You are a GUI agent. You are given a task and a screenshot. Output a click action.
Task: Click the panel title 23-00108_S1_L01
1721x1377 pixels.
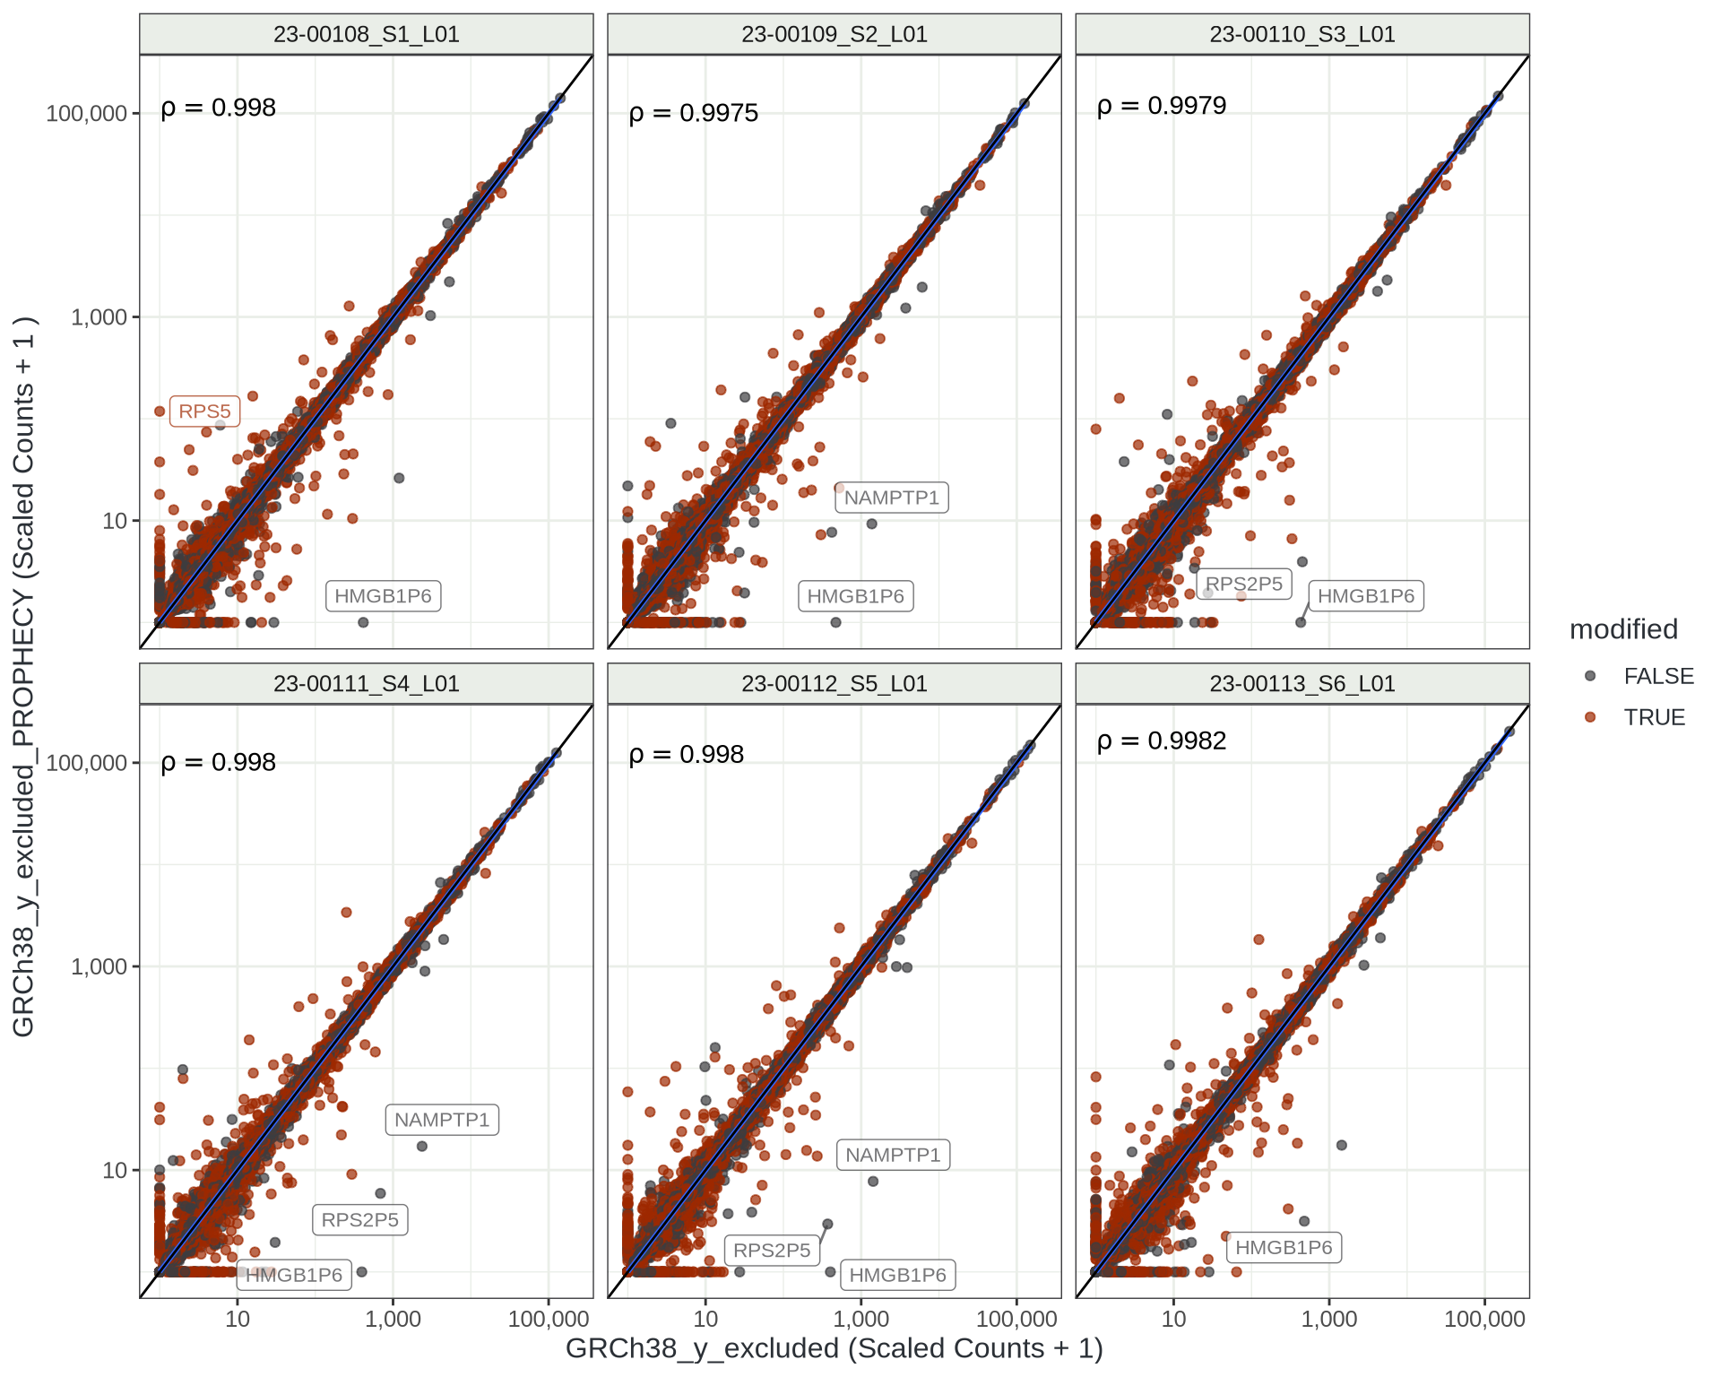tap(366, 34)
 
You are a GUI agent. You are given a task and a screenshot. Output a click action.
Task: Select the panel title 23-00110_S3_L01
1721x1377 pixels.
tap(1302, 34)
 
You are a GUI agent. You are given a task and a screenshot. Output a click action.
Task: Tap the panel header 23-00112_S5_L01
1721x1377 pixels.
tap(834, 684)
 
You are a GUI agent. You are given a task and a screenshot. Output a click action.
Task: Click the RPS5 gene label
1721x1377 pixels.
tap(204, 411)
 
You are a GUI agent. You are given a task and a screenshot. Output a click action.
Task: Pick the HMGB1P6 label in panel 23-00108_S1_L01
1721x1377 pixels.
tap(383, 596)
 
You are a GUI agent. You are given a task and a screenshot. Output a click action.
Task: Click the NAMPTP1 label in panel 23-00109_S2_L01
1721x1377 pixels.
tap(891, 498)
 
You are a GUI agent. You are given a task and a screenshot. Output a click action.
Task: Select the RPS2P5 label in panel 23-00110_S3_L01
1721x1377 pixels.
tap(1244, 584)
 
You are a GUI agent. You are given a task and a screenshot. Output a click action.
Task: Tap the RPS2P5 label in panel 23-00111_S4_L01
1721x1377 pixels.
tap(359, 1220)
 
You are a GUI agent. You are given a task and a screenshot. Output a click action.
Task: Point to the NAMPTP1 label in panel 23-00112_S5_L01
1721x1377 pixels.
tap(893, 1155)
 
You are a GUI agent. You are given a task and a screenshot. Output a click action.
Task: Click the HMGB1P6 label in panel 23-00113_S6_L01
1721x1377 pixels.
tap(1284, 1247)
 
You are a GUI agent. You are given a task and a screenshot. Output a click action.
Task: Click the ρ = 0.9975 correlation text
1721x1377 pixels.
tap(694, 113)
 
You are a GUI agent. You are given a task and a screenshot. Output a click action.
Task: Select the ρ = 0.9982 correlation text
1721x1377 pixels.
tap(1162, 740)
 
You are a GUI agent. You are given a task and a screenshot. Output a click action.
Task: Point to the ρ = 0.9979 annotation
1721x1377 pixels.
tap(1162, 106)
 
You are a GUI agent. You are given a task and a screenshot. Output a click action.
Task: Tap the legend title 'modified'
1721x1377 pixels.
tap(1623, 629)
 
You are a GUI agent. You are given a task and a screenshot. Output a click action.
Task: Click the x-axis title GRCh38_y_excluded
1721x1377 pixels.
tap(834, 1348)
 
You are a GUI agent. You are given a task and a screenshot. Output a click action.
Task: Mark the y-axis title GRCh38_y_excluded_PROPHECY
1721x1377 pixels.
tap(23, 677)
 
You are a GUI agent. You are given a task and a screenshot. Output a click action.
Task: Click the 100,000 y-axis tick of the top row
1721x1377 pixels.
tap(87, 114)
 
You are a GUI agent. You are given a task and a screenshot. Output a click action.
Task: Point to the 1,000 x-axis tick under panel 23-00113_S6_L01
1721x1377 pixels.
tap(1328, 1319)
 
